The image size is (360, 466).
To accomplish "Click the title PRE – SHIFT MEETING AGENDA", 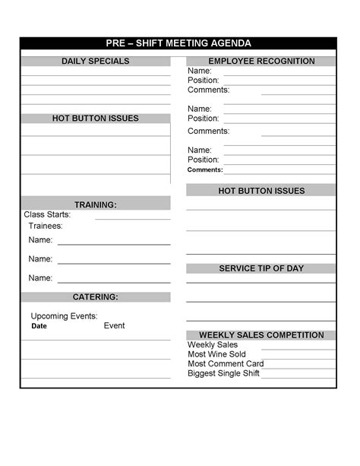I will pos(178,43).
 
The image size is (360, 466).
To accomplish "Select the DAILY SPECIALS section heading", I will pos(96,61).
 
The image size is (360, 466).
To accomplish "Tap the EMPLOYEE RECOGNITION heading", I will pos(261,61).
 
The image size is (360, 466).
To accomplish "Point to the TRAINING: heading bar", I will pos(96,204).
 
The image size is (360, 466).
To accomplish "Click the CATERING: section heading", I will pos(96,296).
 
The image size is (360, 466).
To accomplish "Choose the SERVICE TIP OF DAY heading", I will pos(261,268).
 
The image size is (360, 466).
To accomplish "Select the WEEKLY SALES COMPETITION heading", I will pos(261,334).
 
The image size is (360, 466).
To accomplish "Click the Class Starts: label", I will pos(47,214).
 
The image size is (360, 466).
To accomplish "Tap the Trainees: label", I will pos(46,226).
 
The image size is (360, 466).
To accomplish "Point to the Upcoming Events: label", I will pos(64,316).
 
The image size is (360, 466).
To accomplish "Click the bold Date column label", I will pos(39,326).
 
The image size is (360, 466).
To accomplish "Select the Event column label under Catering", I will pos(115,325).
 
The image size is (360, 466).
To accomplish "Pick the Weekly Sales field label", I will pos(213,344).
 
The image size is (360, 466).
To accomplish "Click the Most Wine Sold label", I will pos(216,354).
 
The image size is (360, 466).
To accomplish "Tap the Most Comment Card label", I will pos(226,363).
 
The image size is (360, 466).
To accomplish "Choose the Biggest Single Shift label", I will pos(223,373).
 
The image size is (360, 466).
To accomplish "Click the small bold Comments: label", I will pos(205,170).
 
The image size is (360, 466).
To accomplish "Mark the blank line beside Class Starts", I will pos(132,218).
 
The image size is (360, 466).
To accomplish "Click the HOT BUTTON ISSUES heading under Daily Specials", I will pos(96,119).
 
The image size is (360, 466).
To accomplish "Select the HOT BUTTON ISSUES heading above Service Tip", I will pos(261,191).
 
